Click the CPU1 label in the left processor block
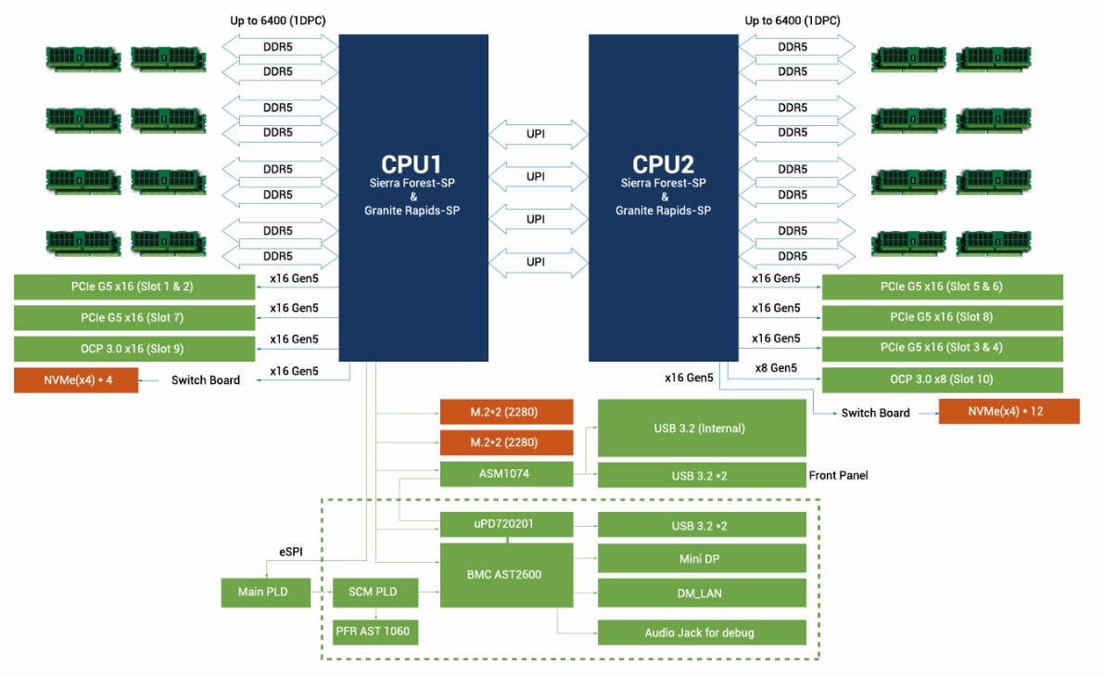click(x=412, y=165)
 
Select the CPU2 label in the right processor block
click(x=663, y=165)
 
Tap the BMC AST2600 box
click(x=505, y=575)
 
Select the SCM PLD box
click(x=374, y=592)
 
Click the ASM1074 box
click(x=505, y=474)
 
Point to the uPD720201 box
click(x=505, y=524)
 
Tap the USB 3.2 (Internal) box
click(x=700, y=428)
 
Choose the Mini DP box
click(x=700, y=558)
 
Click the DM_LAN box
click(x=700, y=592)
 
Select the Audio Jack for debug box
click(x=700, y=632)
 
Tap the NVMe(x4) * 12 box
click(x=1008, y=412)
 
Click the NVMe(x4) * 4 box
click(x=76, y=380)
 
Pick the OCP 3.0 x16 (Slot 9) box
click(x=134, y=350)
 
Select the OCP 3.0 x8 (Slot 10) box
click(x=942, y=380)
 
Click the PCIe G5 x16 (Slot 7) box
click(x=134, y=318)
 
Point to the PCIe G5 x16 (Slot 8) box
click(x=942, y=317)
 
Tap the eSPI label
click(x=291, y=552)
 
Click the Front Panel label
click(x=838, y=476)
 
